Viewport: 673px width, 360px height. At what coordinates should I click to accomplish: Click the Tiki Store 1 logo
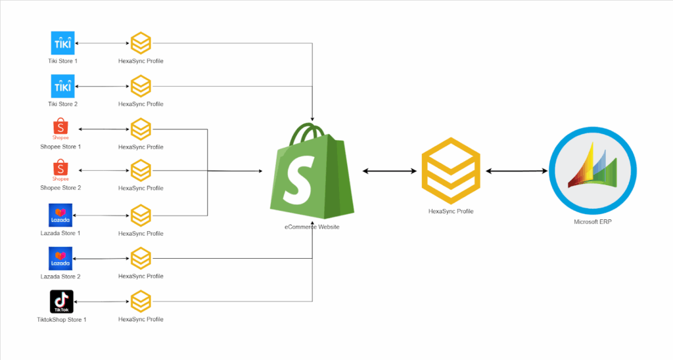(x=63, y=43)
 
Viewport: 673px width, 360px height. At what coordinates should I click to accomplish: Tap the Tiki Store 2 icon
(x=63, y=86)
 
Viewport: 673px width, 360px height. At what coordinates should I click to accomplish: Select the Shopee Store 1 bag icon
(x=60, y=129)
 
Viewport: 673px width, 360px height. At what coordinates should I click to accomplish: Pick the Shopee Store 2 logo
(x=60, y=170)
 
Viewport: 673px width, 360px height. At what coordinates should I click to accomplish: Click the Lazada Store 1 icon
(x=60, y=215)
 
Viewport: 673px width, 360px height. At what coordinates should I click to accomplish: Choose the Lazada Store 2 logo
(x=60, y=258)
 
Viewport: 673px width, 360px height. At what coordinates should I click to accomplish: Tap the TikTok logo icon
(x=60, y=302)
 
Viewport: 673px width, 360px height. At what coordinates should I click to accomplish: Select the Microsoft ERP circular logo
(x=593, y=170)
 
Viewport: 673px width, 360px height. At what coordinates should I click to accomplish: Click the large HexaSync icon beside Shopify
(x=451, y=171)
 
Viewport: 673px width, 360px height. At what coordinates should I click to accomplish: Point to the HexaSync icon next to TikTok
(x=141, y=302)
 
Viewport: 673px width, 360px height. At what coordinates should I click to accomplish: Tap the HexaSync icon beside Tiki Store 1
(x=141, y=43)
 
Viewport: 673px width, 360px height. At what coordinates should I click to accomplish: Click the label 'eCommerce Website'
(x=312, y=227)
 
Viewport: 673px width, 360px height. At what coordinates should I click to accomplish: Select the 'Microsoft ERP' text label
(x=593, y=222)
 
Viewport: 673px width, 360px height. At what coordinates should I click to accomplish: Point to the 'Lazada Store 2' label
(x=60, y=276)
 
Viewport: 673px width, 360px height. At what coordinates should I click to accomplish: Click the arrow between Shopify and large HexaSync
(x=390, y=171)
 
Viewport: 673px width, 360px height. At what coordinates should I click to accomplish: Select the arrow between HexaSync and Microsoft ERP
(x=517, y=171)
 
